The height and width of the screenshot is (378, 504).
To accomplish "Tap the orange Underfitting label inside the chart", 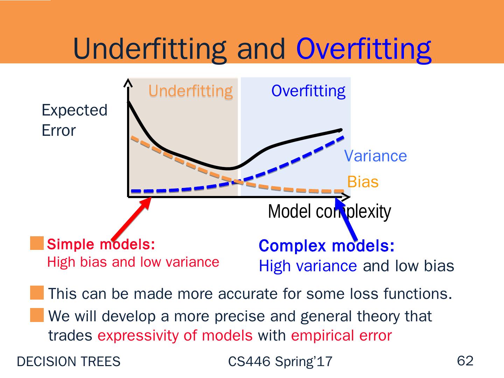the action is pos(191,91).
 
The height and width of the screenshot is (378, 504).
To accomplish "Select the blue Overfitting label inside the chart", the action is pos(308,91).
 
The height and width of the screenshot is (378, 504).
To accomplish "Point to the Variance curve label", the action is pos(376,156).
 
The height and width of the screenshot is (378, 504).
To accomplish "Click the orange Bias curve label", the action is pos(363,182).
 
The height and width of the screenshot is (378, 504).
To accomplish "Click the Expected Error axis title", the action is pos(75,120).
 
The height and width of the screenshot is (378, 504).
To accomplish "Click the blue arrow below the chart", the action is pos(346,219).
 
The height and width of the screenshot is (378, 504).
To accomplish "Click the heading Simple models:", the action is pos(101,244).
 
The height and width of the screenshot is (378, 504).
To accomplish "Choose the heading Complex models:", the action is pos(327,246).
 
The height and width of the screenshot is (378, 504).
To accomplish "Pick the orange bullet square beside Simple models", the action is pos(37,243).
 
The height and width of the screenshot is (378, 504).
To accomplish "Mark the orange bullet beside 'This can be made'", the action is pos(37,293).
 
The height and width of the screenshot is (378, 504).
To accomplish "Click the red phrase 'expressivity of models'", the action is pos(175,336).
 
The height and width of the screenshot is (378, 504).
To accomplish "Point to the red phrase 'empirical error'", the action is pos(342,336).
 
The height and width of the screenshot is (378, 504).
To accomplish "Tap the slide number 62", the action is pos(465,361).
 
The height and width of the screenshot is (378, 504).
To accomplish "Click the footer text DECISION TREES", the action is pos(69,362).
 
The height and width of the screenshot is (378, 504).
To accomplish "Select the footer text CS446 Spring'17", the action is pos(280,362).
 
